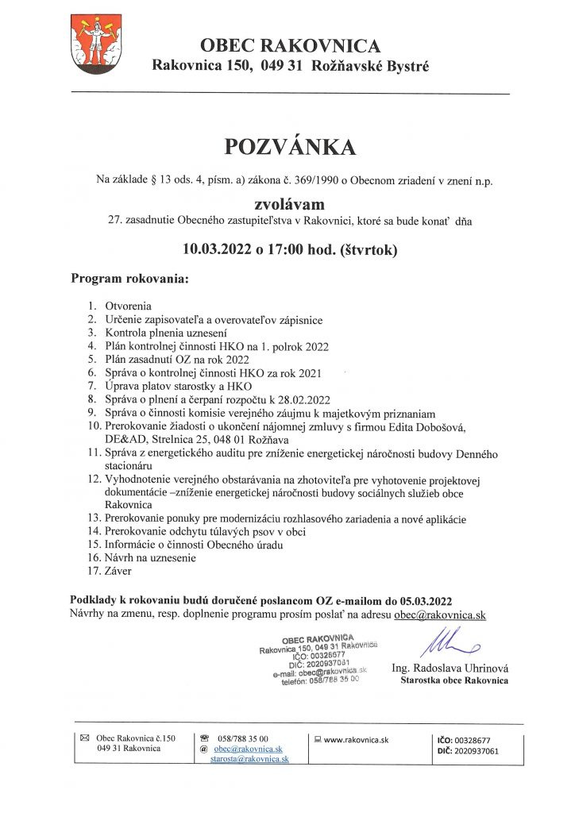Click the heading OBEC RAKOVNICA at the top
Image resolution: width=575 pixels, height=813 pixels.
tap(290, 45)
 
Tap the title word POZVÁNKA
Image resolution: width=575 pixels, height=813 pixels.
tap(290, 147)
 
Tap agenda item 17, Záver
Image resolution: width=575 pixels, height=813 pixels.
tap(120, 570)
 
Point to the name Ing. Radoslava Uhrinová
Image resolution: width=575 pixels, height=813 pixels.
tap(450, 669)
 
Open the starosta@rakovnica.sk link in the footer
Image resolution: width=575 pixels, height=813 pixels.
tap(249, 759)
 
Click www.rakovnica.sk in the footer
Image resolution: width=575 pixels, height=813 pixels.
tap(356, 738)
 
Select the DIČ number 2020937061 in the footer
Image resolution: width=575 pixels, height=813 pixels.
tap(478, 749)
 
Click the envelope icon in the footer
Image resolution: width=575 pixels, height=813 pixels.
tap(86, 738)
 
